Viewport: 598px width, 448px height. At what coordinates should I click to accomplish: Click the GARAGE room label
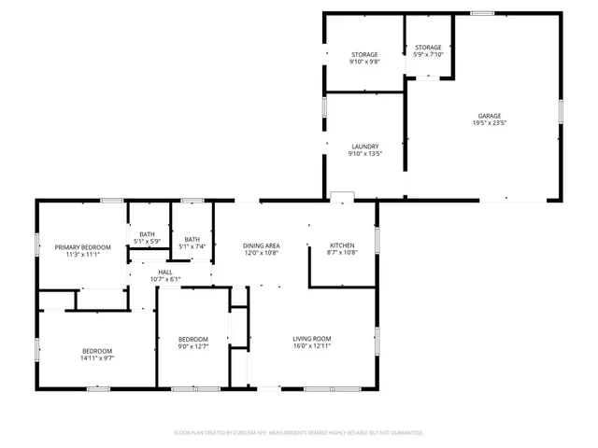(491, 116)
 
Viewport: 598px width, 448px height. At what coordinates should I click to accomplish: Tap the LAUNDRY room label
(364, 147)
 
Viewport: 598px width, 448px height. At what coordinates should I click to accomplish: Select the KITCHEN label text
(343, 245)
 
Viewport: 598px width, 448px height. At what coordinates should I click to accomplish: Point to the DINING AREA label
(262, 245)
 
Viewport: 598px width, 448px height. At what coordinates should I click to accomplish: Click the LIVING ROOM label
(312, 339)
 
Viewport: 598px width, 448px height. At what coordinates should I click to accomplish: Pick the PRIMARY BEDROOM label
(82, 246)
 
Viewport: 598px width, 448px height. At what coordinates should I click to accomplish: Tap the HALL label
(164, 272)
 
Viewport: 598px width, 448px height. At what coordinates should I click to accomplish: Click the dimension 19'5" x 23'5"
(491, 123)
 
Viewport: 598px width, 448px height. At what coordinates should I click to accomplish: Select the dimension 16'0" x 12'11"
(312, 346)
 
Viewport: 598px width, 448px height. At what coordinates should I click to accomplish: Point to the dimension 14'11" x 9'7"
(96, 358)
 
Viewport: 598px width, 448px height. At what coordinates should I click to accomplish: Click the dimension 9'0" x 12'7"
(193, 346)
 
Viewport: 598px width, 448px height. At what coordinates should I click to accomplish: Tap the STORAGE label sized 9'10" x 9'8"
(364, 54)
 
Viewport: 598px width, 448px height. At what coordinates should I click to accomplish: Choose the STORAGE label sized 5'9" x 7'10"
(428, 47)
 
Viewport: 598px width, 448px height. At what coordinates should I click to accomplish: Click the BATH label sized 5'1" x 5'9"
(148, 234)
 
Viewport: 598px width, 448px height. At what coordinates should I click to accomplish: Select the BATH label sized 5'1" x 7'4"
(192, 239)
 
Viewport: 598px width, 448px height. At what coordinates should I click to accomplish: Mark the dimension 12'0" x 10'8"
(262, 253)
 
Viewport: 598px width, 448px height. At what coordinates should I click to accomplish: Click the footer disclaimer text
(299, 433)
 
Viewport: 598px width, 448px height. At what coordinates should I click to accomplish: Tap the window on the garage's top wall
(482, 13)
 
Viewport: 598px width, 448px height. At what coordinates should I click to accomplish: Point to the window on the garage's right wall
(561, 110)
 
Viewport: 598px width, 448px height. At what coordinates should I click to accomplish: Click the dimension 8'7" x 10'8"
(343, 252)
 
